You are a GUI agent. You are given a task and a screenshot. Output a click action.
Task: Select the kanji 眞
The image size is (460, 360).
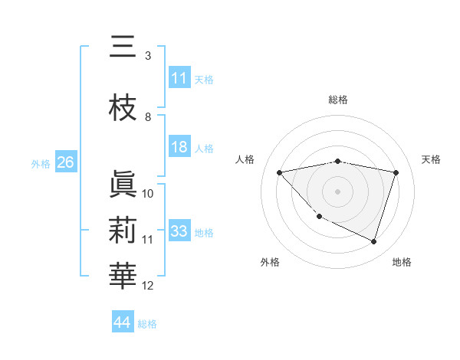coord(123,184)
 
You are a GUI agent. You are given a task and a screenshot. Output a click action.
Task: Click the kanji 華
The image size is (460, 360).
coord(123,276)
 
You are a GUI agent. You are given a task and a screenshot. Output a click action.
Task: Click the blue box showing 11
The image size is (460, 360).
coord(179,78)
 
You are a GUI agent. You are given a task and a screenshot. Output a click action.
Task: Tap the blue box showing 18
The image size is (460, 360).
coord(179,148)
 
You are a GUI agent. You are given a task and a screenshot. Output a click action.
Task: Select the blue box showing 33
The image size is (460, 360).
coord(179,231)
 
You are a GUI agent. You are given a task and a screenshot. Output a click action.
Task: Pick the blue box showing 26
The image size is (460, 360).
coord(65,162)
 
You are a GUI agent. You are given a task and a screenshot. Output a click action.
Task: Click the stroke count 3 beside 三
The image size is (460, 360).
coord(148,56)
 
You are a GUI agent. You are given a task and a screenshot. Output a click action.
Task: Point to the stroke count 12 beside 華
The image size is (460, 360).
coord(148,286)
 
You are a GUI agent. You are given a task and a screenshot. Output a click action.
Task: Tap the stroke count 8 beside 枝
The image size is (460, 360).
coord(148,117)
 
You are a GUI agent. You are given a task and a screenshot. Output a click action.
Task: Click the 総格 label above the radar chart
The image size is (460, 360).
coord(338,100)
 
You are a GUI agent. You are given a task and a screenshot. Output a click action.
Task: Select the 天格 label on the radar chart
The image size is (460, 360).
coord(432,159)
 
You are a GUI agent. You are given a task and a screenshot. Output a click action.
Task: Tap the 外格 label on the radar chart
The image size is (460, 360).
coord(270,262)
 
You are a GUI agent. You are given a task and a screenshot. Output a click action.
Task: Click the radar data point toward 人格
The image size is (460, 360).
coord(280,172)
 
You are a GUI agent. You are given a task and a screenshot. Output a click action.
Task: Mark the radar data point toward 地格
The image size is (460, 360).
coord(373,242)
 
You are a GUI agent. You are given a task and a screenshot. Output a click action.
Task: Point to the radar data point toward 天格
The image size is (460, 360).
coord(396,172)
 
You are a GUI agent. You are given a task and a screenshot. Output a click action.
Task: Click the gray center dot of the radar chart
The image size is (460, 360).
coord(338,191)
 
